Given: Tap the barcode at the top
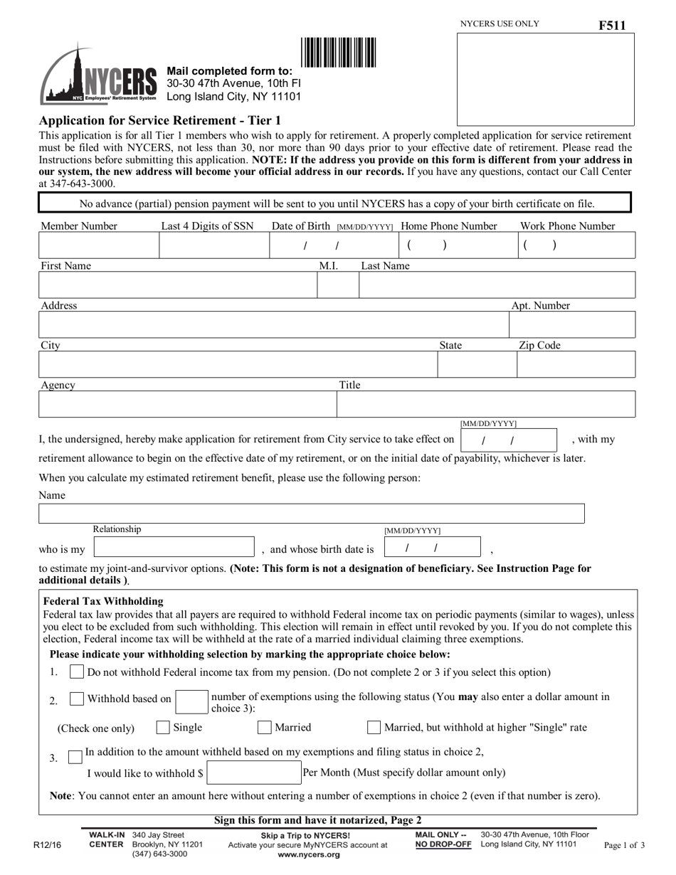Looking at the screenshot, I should [339, 53].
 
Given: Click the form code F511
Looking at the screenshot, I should [612, 26].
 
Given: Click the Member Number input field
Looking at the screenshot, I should [98, 245].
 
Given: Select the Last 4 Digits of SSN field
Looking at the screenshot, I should [213, 245].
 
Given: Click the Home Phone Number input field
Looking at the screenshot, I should [455, 245].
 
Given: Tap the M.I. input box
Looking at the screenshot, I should [337, 285].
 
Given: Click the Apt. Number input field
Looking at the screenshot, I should [571, 324].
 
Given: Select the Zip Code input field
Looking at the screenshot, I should [575, 364].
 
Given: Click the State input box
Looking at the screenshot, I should [476, 364].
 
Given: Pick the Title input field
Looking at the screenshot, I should [485, 404].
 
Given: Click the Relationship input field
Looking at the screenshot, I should [174, 547].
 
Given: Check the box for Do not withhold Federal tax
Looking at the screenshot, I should [77, 672].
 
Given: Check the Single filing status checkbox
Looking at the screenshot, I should [163, 728].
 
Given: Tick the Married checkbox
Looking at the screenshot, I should [264, 728].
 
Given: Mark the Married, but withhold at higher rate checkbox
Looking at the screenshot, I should [374, 728].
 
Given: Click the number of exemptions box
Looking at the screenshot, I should [191, 701].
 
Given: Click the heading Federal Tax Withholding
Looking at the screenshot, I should [103, 601].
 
